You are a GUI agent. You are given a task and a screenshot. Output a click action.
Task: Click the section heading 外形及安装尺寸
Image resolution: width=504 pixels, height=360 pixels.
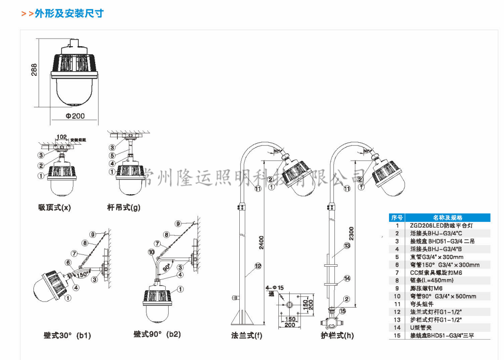69,13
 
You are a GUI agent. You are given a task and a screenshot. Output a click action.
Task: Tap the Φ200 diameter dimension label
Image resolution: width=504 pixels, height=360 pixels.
75,115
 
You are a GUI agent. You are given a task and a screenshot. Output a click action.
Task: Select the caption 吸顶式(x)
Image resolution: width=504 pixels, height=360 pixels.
55,207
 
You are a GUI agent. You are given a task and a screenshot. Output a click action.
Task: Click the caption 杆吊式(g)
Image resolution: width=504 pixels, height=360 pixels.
124,207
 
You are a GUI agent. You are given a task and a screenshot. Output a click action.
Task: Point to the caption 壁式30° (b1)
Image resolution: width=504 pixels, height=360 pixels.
67,335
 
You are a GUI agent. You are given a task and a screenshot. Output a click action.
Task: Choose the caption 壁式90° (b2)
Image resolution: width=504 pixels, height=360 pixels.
157,334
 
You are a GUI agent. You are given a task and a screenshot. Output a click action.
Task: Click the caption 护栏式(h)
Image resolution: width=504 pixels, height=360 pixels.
337,335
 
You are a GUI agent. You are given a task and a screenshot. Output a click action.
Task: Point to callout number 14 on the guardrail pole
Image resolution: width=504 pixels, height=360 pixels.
347,278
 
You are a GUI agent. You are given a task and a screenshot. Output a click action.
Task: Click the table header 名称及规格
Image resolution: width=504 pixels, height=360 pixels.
447,218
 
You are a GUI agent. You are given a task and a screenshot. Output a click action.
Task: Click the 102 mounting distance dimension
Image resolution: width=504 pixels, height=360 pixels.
61,137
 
